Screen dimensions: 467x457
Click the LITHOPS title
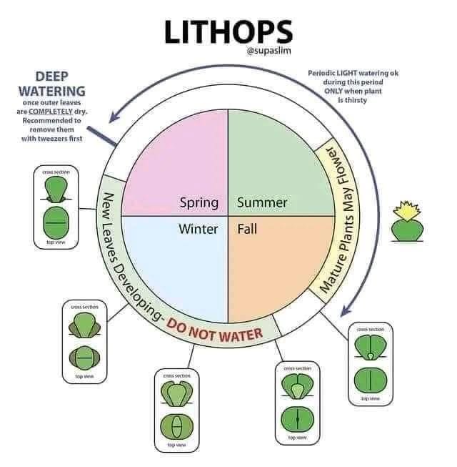coord(228,31)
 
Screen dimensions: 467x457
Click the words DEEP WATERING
coord(51,84)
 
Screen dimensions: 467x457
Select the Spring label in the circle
coord(199,202)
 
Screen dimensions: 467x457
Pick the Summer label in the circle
coord(262,202)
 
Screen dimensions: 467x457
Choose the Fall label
coord(247,230)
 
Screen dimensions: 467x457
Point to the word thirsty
coord(352,101)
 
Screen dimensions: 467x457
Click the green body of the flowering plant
coord(406,229)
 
